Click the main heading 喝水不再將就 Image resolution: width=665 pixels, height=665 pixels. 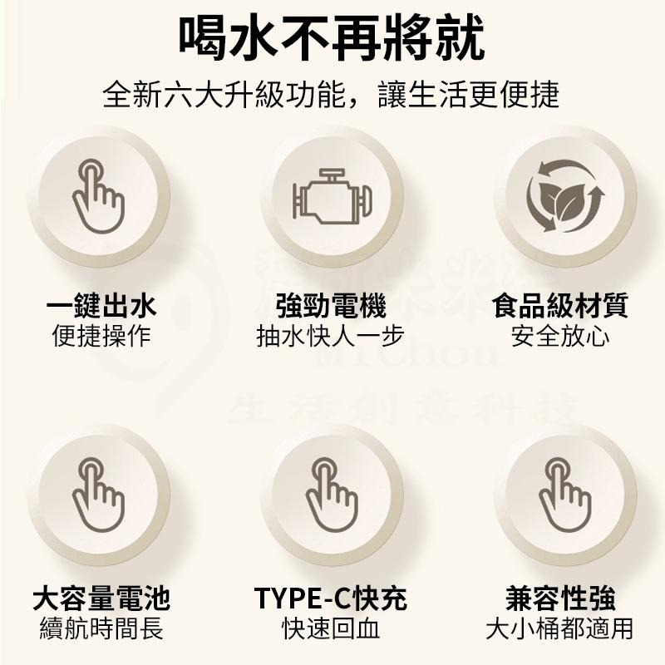pos(332,37)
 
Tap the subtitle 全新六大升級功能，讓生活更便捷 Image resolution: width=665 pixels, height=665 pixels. pos(332,94)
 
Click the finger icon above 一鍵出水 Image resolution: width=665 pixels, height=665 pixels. pos(98,196)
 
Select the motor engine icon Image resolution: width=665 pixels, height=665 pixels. pos(332,196)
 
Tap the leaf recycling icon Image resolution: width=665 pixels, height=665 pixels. pos(565,196)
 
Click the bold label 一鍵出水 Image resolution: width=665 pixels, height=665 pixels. pos(101,306)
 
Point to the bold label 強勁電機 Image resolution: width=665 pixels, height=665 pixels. pos(332,306)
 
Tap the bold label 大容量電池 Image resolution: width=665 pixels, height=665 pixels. pos(101,598)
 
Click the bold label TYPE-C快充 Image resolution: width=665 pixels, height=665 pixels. pos(332,598)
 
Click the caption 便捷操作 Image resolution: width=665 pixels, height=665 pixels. pos(101,337)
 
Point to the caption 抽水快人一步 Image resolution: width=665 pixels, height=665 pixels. pos(332,337)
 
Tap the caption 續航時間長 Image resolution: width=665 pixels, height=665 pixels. pos(101,628)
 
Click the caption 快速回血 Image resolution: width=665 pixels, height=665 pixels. pos(332,628)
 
